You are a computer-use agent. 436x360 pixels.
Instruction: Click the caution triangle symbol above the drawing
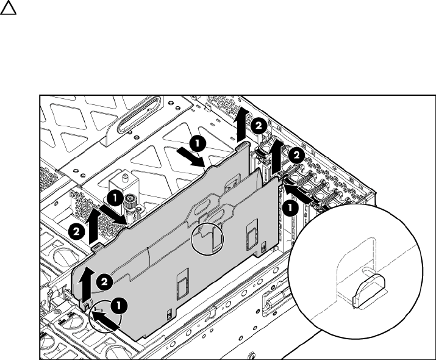pyautogui.click(x=8, y=7)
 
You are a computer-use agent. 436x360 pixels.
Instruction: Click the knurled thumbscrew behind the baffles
pyautogui.click(x=129, y=201)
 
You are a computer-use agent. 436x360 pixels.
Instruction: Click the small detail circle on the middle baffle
pyautogui.click(x=207, y=239)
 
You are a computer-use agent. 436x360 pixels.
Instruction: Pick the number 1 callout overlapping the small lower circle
pyautogui.click(x=119, y=306)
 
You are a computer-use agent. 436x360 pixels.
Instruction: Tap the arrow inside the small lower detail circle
pyautogui.click(x=106, y=321)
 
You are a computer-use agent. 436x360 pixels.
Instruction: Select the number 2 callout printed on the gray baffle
pyautogui.click(x=104, y=283)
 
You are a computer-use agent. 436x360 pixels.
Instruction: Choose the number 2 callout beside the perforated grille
pyautogui.click(x=76, y=231)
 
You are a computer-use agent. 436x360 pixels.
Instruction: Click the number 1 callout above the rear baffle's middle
pyautogui.click(x=198, y=143)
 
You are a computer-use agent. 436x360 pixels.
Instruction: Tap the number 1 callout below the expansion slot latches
pyautogui.click(x=291, y=207)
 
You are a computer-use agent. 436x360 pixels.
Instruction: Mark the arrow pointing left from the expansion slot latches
pyautogui.click(x=298, y=193)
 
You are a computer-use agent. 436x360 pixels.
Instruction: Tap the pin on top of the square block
pyautogui.click(x=126, y=176)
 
